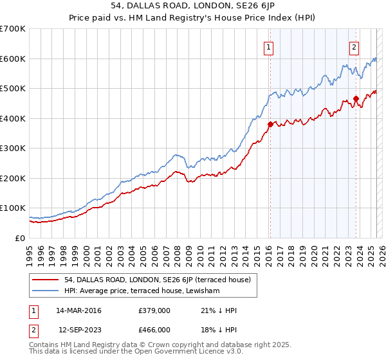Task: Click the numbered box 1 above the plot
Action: pyautogui.click(x=268, y=46)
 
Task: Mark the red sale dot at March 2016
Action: pyautogui.click(x=270, y=125)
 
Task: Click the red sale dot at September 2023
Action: pyautogui.click(x=356, y=98)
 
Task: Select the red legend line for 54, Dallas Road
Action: pyautogui.click(x=46, y=280)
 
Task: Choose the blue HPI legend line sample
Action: pyautogui.click(x=46, y=291)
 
